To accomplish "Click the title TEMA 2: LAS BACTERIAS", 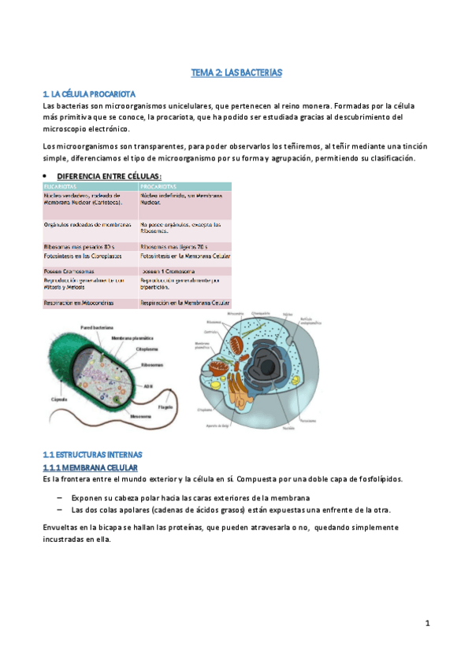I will click(x=236, y=72).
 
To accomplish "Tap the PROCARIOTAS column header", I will click(x=158, y=186).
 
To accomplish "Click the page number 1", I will click(x=427, y=624).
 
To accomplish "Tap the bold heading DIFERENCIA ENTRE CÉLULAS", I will click(x=110, y=175).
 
